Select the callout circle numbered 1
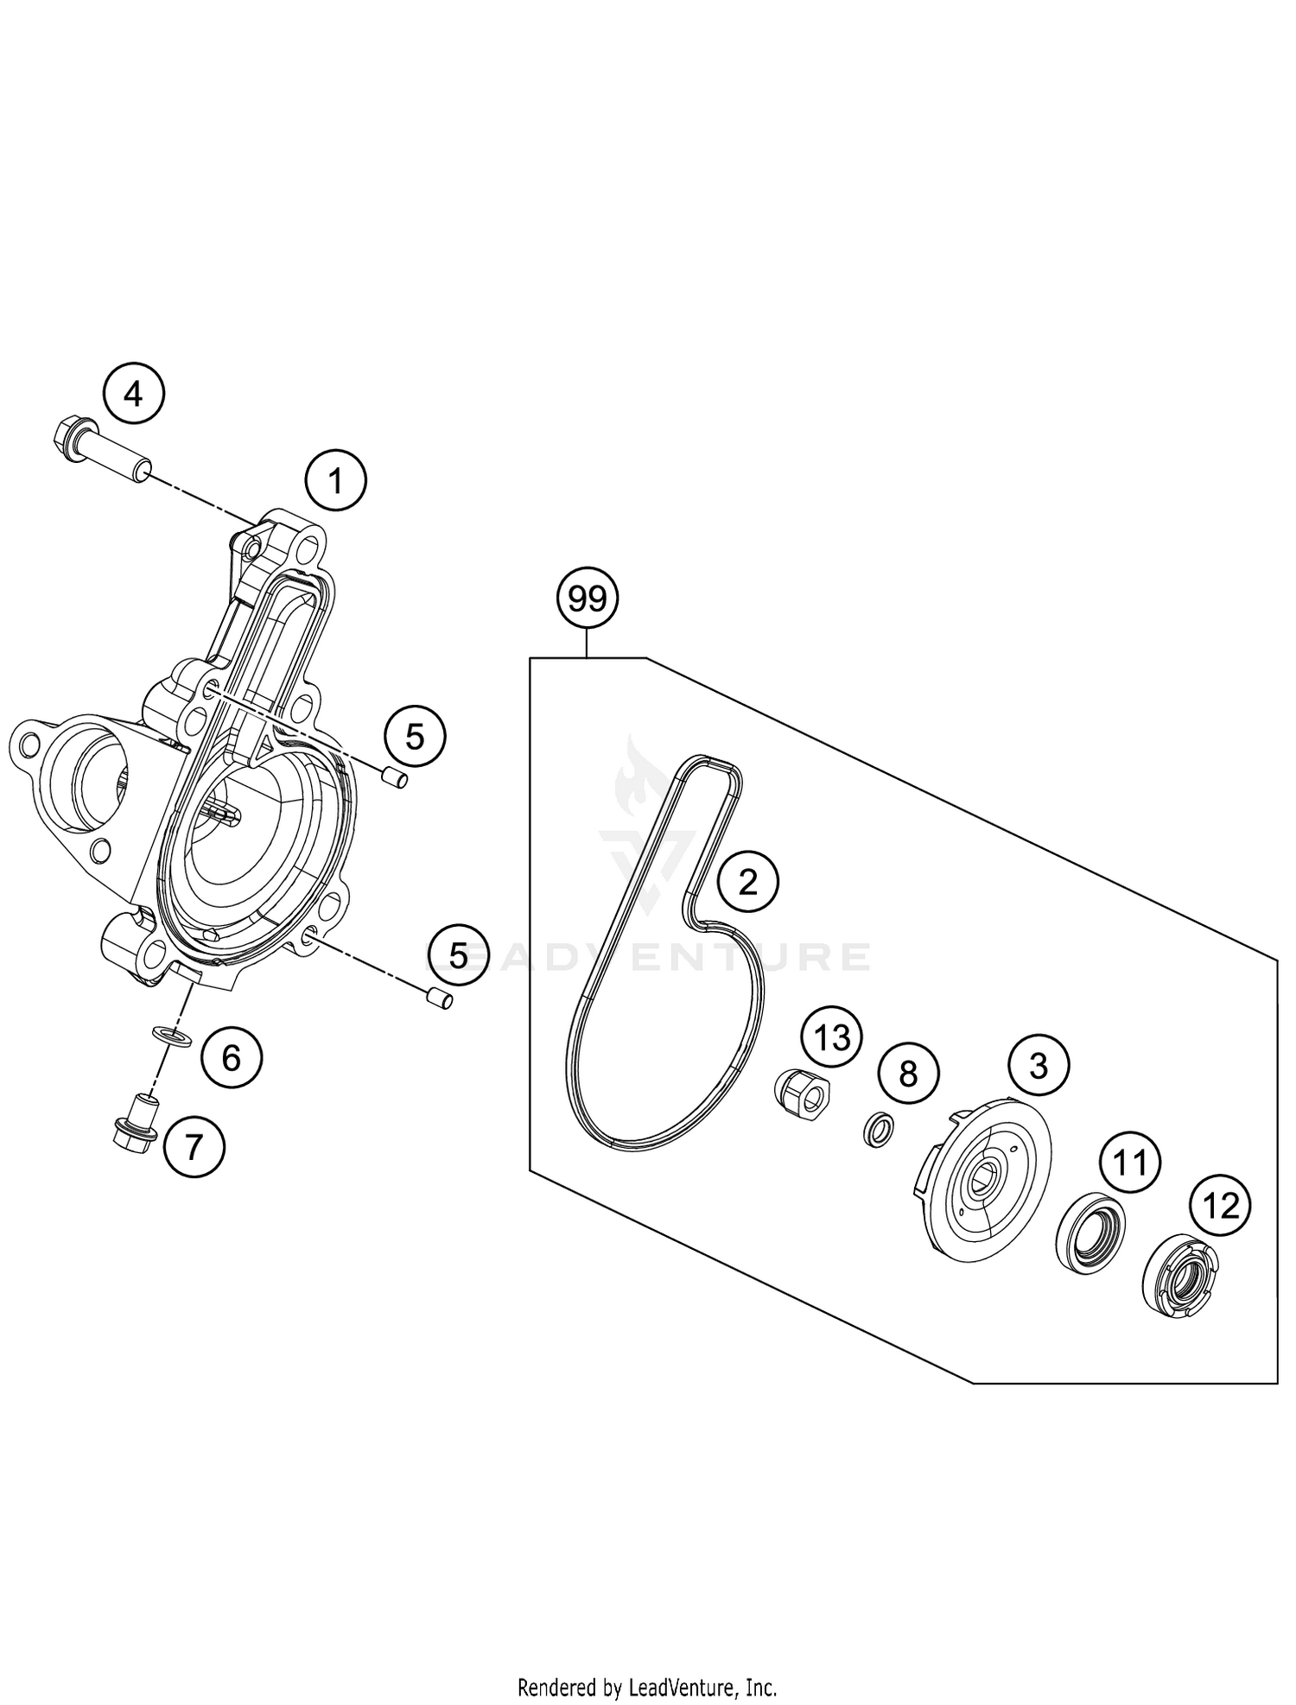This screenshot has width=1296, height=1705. (x=336, y=480)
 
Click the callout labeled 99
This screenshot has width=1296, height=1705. (x=588, y=599)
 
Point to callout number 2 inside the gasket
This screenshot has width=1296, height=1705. (x=747, y=881)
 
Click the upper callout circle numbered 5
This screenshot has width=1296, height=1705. (x=415, y=736)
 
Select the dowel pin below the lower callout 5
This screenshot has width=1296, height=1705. (x=441, y=1000)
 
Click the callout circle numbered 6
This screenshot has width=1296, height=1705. (x=232, y=1057)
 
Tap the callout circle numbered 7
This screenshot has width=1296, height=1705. (x=194, y=1147)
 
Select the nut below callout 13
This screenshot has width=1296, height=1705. (x=800, y=1090)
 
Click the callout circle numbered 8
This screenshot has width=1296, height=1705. (x=907, y=1074)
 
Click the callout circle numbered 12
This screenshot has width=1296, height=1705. (x=1221, y=1205)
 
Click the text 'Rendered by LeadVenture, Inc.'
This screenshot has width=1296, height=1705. (x=647, y=1686)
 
